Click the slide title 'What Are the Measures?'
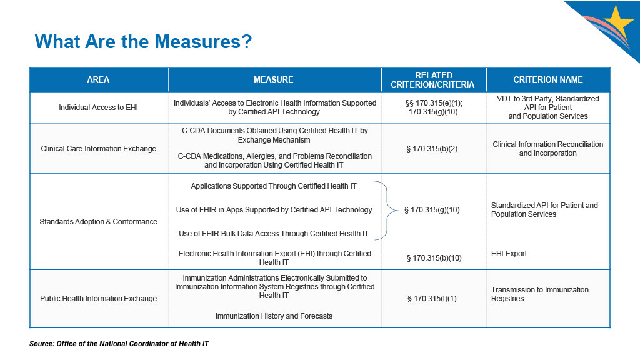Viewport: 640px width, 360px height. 143,42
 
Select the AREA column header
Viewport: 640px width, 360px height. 98,79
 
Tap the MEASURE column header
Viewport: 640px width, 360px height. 273,79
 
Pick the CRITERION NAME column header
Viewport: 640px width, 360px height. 547,79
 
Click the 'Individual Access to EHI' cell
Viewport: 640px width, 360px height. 98,107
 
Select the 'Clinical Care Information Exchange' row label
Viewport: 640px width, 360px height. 98,149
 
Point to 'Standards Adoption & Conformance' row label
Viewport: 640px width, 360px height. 98,222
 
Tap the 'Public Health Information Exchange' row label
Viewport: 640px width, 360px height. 98,299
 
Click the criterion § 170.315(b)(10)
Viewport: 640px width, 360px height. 434,257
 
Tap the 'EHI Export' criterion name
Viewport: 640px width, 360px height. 509,254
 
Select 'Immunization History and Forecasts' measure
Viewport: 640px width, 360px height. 274,316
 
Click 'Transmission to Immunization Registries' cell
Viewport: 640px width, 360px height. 540,294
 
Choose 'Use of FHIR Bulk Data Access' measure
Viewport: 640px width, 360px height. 274,234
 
